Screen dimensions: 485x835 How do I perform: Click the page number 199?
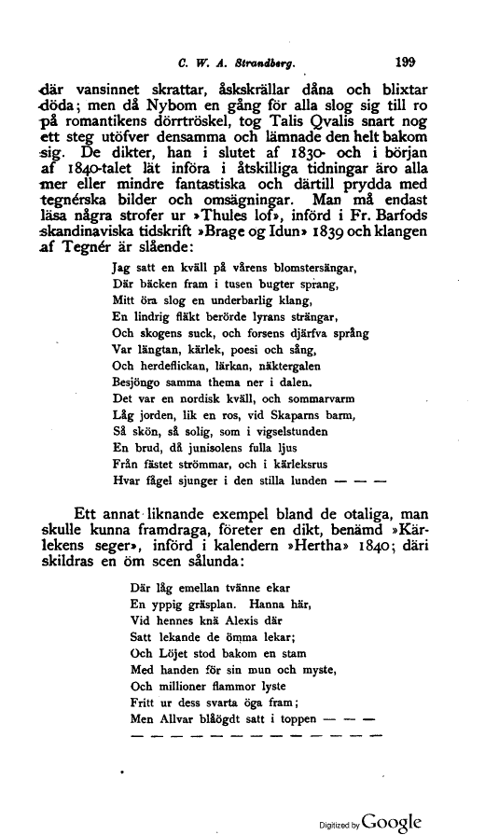[x=405, y=66]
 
